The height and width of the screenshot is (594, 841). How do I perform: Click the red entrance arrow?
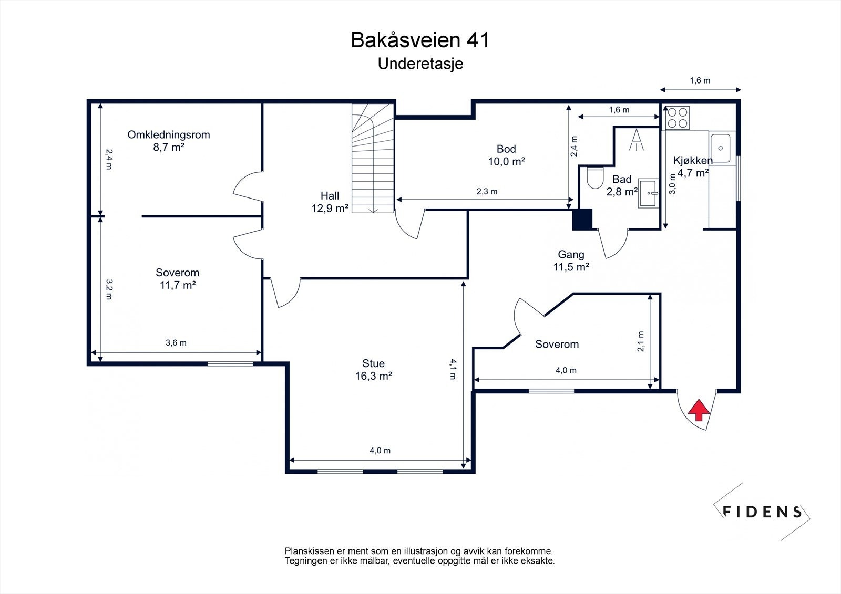699,410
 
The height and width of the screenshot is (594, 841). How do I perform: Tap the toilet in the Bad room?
594,178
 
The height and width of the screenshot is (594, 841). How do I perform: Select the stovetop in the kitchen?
678,118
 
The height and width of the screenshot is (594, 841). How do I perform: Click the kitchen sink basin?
720,148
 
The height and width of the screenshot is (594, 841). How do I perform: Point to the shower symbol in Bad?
637,140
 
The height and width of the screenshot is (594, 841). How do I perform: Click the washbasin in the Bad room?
649,193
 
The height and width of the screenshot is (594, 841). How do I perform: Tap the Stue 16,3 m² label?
374,370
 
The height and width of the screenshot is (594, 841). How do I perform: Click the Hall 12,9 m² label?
330,202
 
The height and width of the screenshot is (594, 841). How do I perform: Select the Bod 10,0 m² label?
506,155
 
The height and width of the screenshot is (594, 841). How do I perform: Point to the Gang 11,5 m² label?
571,260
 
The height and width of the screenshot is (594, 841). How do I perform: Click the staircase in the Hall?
373,158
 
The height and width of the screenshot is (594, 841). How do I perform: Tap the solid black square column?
582,219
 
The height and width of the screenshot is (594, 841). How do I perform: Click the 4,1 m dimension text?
453,369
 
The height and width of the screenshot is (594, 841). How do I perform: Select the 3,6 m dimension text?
176,342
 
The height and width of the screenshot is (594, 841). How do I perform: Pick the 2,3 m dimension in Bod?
487,191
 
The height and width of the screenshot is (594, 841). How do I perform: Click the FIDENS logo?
762,512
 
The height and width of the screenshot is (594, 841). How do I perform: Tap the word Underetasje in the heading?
420,64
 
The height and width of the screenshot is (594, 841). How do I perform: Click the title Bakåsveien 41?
420,40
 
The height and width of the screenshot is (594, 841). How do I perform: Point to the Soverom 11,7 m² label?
178,279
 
